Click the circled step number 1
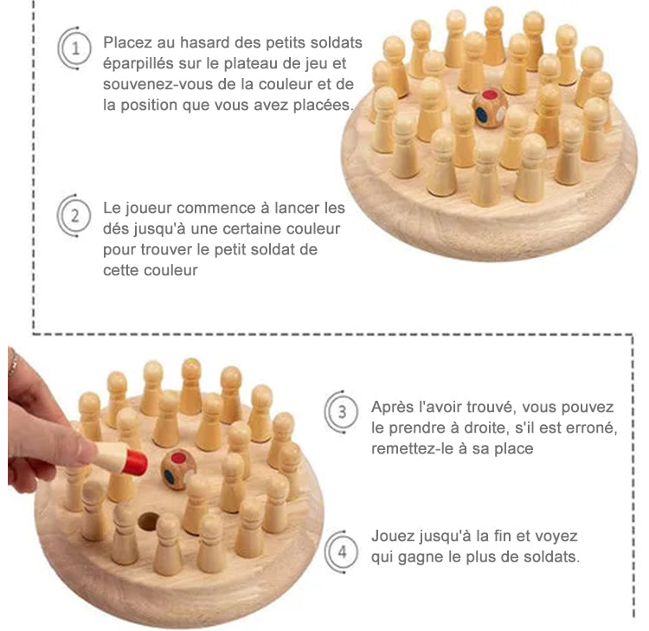click(x=75, y=48)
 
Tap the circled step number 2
click(x=74, y=216)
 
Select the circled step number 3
click(x=342, y=412)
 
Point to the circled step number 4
click(x=342, y=552)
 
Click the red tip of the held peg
click(x=135, y=462)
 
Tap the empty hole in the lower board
click(x=148, y=521)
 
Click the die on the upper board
click(x=490, y=107)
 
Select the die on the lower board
click(x=178, y=470)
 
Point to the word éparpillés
click(x=138, y=64)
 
